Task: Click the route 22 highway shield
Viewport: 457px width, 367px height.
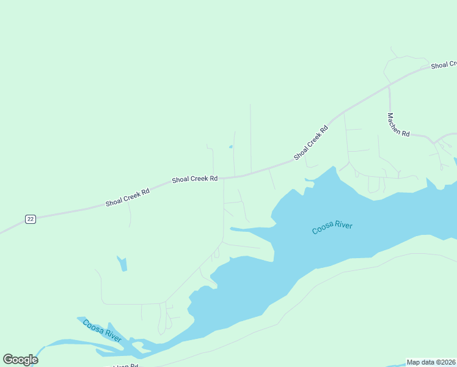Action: (31, 219)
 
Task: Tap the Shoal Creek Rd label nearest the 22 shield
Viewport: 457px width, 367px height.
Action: (127, 196)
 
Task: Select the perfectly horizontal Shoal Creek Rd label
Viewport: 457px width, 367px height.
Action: (195, 179)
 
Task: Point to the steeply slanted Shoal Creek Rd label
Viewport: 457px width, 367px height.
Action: (311, 143)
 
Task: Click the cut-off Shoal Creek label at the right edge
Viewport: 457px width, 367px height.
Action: (444, 65)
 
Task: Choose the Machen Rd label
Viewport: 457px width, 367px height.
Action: (398, 125)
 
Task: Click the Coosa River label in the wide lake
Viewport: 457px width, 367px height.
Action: (332, 228)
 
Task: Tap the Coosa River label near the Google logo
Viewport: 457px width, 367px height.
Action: (102, 331)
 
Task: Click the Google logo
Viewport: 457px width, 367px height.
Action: (20, 360)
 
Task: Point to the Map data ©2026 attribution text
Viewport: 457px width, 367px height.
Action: (431, 362)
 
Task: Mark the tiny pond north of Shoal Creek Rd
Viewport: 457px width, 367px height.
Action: (230, 147)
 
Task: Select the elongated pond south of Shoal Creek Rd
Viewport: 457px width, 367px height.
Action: (122, 264)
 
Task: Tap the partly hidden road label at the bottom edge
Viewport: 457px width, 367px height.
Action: (125, 365)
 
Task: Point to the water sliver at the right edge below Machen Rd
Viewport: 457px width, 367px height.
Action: (455, 161)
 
